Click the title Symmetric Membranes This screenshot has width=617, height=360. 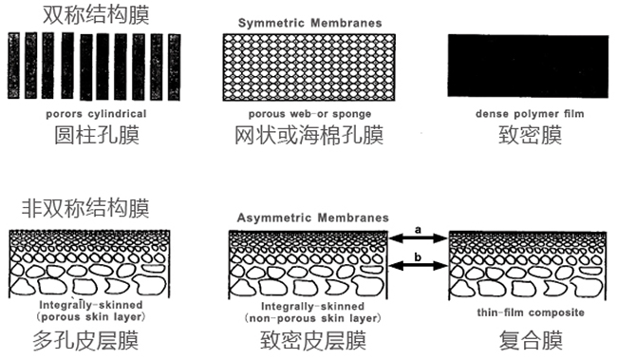pyautogui.click(x=308, y=21)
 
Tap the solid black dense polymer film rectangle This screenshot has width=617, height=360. pyautogui.click(x=528, y=68)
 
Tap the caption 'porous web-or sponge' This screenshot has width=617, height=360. pyautogui.click(x=308, y=113)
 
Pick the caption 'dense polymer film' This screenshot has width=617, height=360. pyautogui.click(x=529, y=113)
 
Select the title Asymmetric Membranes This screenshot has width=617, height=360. pyautogui.click(x=310, y=218)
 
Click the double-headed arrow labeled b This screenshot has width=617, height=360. pyautogui.click(x=419, y=266)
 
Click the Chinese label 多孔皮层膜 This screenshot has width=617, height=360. pyautogui.click(x=88, y=340)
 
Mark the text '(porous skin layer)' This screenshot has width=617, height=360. pyautogui.click(x=88, y=316)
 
